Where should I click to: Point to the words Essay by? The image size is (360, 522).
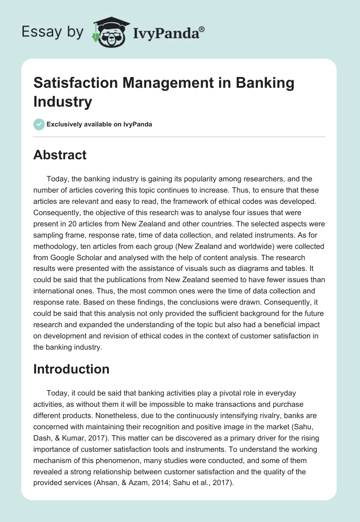53,32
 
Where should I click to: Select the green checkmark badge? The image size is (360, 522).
39,124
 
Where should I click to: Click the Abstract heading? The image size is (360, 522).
60,155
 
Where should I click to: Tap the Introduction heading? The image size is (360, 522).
72,369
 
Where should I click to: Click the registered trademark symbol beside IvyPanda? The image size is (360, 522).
202,29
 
